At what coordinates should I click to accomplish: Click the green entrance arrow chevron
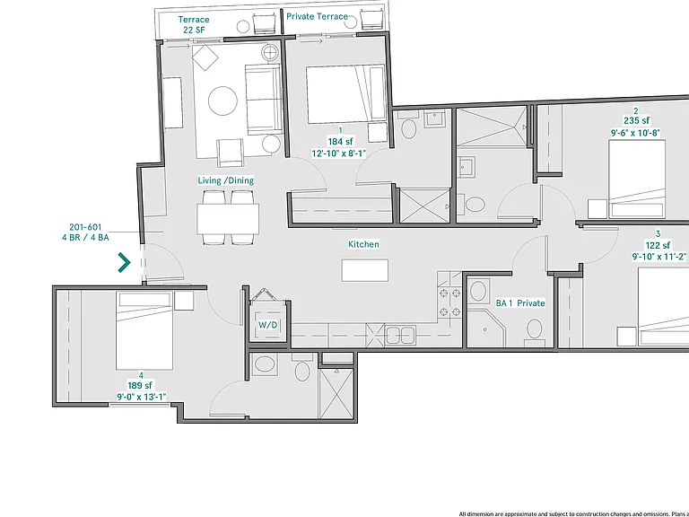point(125,262)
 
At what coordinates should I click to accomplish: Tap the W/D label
point(267,325)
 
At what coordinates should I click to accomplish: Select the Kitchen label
point(363,244)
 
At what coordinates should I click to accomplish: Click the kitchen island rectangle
point(365,270)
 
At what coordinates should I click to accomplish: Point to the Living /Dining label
point(225,180)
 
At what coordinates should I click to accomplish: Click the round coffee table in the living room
point(222,101)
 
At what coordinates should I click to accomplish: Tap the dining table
point(228,218)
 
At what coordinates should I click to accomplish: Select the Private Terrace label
point(317,16)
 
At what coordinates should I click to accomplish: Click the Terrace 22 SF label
point(194,24)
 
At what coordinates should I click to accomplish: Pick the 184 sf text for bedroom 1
point(340,142)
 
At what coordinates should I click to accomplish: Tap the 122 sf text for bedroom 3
point(658,245)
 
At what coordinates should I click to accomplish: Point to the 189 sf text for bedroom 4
point(140,386)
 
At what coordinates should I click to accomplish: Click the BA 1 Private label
point(520,302)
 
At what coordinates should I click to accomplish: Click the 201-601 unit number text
point(85,227)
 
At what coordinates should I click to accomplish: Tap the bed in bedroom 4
point(144,331)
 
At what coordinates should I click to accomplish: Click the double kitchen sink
point(400,335)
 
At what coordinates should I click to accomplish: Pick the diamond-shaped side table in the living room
point(205,57)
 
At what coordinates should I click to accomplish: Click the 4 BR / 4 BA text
point(85,237)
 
